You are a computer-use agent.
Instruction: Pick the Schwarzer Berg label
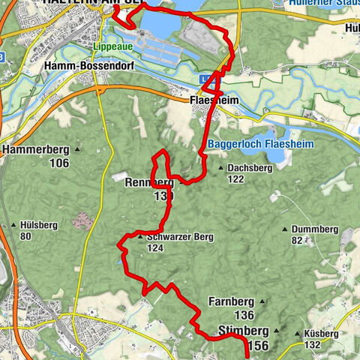tap(180, 237)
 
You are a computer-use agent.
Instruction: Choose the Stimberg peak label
tap(241, 330)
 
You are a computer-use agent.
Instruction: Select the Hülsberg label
tap(37, 226)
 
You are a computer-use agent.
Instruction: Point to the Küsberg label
tap(323, 334)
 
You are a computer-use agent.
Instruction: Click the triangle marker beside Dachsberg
tap(221, 169)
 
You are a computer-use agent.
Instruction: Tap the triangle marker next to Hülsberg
tap(13, 226)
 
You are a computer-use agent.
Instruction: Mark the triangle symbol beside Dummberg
tap(285, 229)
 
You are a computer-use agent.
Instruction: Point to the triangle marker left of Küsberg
tap(298, 334)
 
